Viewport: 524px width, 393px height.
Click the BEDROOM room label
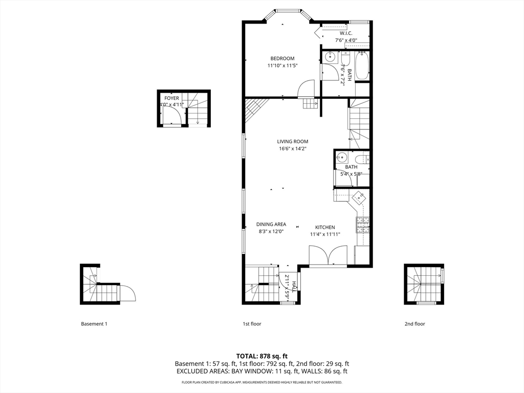pyautogui.click(x=282, y=58)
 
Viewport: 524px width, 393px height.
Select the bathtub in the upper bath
pyautogui.click(x=362, y=65)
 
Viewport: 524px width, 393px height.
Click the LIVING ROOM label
pyautogui.click(x=293, y=142)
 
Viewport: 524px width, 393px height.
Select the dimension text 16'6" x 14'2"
pyautogui.click(x=293, y=149)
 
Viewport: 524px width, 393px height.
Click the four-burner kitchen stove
pyautogui.click(x=362, y=224)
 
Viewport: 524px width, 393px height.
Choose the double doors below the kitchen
pyautogui.click(x=328, y=256)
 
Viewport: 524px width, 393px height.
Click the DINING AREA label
pyautogui.click(x=271, y=224)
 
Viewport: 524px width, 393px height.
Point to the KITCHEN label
pyautogui.click(x=325, y=227)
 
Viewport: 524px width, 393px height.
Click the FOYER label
pyautogui.click(x=171, y=98)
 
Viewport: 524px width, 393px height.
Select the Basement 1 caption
pyautogui.click(x=94, y=324)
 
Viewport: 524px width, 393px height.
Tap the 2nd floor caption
pyautogui.click(x=414, y=324)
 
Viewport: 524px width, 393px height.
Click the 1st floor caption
pyautogui.click(x=252, y=324)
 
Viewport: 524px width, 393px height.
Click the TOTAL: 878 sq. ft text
pyautogui.click(x=262, y=356)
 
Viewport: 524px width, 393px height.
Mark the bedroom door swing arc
pyautogui.click(x=307, y=89)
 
